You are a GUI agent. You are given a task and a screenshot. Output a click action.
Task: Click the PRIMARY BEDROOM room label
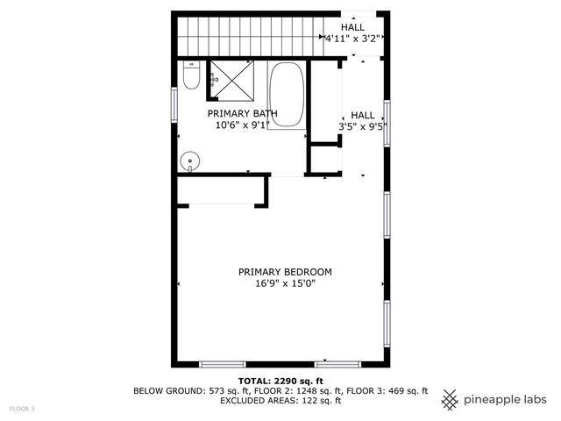285,272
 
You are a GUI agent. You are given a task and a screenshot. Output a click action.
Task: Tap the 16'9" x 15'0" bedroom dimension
285,284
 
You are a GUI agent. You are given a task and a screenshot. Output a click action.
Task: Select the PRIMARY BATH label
242,114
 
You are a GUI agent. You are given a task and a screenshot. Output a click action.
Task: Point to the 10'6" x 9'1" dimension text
242,125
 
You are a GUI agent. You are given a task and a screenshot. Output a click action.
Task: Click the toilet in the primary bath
191,77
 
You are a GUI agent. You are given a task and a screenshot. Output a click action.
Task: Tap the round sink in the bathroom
190,161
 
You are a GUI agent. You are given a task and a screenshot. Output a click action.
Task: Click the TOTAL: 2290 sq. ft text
280,381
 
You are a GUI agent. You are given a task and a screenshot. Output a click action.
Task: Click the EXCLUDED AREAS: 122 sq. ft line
280,401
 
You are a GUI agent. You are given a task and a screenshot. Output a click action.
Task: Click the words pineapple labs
506,400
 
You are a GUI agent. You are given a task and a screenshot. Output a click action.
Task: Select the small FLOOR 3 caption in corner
22,409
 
